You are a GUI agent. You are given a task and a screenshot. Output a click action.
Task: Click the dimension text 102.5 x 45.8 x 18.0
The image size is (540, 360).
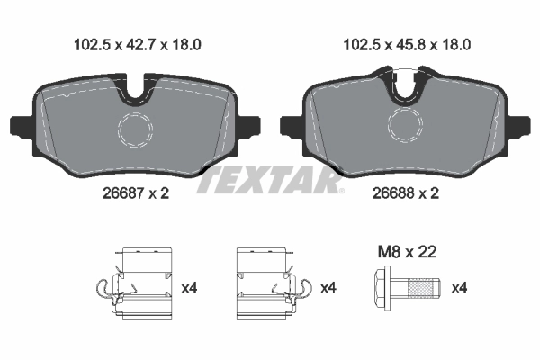tap(408, 42)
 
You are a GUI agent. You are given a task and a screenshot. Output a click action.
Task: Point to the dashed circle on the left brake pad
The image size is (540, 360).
tap(136, 130)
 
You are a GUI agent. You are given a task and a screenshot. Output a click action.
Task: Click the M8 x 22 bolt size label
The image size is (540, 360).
tap(405, 253)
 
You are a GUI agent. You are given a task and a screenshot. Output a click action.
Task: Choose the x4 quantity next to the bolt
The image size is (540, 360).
tap(459, 288)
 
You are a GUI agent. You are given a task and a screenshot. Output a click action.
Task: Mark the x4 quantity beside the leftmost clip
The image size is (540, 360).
tap(189, 288)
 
